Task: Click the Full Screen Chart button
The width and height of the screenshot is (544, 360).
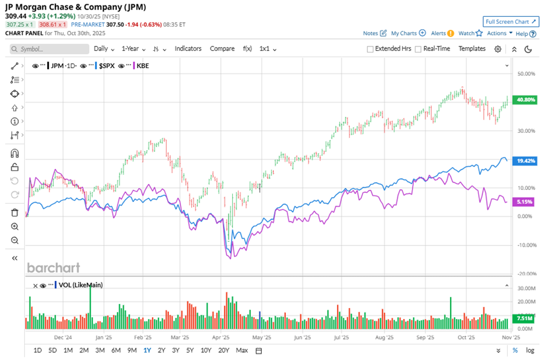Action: [x=511, y=22]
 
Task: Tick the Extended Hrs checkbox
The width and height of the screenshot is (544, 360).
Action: [x=370, y=49]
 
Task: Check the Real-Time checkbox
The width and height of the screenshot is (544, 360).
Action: [x=418, y=49]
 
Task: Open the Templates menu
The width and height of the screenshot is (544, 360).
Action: [x=472, y=49]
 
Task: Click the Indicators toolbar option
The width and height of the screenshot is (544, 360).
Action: [x=188, y=49]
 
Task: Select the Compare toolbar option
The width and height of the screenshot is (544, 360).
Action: [x=222, y=49]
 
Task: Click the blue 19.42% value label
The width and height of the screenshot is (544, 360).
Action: [x=522, y=161]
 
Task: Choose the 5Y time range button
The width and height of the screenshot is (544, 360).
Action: [x=189, y=350]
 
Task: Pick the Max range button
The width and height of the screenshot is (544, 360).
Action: [x=242, y=350]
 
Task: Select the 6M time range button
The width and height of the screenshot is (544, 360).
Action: [x=116, y=350]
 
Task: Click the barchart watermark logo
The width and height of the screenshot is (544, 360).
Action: [x=53, y=268]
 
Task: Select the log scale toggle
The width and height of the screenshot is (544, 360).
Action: [x=530, y=350]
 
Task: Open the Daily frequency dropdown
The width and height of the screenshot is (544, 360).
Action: [x=104, y=49]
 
